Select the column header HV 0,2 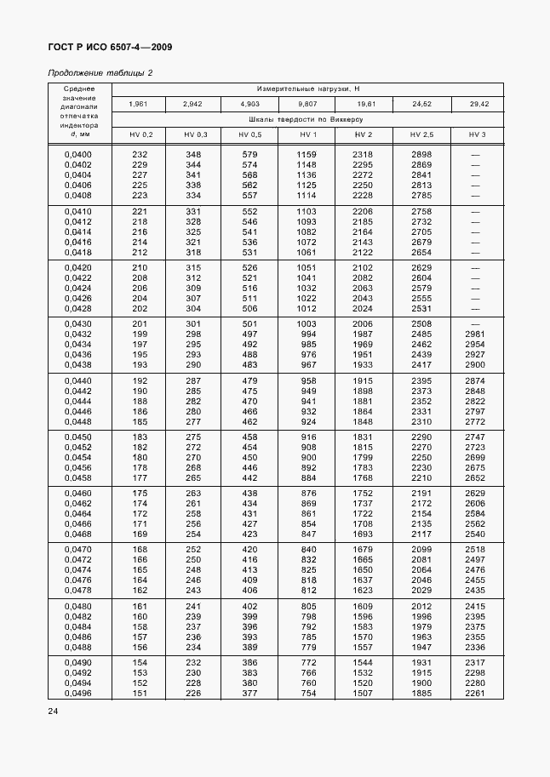click(141, 135)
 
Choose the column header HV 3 click(477, 135)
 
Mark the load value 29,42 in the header click(477, 104)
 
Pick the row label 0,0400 click(78, 154)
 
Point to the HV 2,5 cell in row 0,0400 click(421, 154)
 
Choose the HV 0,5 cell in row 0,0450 click(249, 437)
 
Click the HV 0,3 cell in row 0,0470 click(194, 550)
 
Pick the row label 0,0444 click(78, 401)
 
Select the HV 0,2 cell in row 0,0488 click(140, 647)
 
